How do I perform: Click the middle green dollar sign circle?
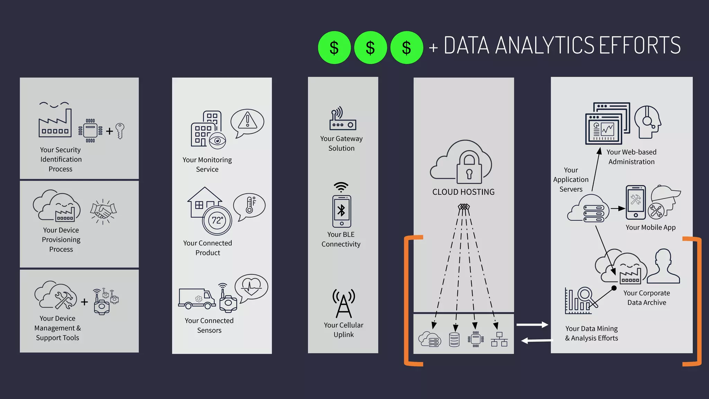point(370,47)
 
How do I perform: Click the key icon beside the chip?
point(120,131)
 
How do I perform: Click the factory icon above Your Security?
point(55,123)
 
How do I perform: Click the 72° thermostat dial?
point(217,221)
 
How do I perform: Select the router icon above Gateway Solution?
point(342,119)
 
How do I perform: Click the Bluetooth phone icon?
point(342,211)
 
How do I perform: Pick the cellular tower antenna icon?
point(343,304)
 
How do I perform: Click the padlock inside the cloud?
point(469,168)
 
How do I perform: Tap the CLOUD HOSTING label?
point(463,192)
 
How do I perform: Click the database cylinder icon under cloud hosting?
point(454,339)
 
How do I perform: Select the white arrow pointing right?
point(532,325)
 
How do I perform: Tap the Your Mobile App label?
point(650,228)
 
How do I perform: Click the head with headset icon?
point(648,122)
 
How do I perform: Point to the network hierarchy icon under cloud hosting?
point(499,339)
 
